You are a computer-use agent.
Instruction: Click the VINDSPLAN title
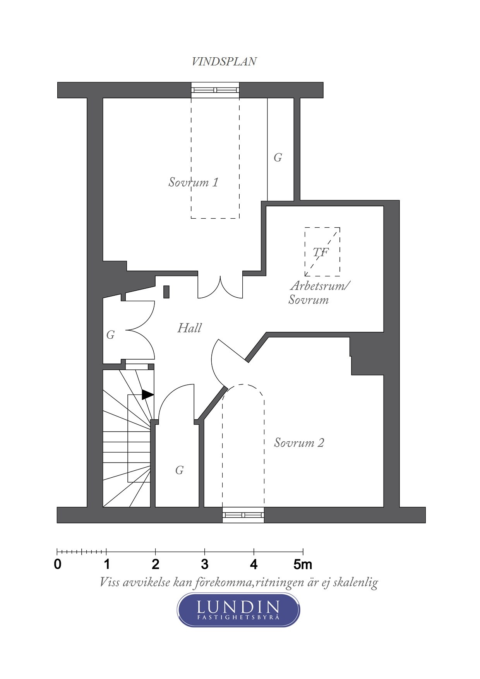(x=224, y=62)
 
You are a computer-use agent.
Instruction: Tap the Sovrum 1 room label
(x=193, y=182)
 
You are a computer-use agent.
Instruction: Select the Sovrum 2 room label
(x=299, y=442)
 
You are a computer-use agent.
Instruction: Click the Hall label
(x=189, y=328)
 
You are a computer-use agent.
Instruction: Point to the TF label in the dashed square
(x=321, y=252)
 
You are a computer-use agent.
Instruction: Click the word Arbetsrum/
(x=320, y=286)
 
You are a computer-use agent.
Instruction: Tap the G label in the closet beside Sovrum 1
(x=278, y=158)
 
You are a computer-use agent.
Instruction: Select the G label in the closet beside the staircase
(x=179, y=470)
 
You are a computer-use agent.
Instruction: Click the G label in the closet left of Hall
(x=111, y=335)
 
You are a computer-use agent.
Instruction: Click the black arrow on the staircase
(x=147, y=394)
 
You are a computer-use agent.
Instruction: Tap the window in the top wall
(x=215, y=90)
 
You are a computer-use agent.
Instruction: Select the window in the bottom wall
(x=243, y=515)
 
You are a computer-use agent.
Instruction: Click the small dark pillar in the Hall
(x=166, y=291)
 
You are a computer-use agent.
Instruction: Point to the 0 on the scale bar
(x=58, y=564)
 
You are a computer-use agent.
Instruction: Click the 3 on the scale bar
(x=205, y=564)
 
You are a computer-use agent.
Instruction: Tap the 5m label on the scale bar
(x=303, y=564)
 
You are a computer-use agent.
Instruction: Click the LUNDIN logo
(x=238, y=610)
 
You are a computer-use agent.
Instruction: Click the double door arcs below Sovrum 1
(x=220, y=287)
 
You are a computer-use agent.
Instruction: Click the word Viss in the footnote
(x=110, y=582)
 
